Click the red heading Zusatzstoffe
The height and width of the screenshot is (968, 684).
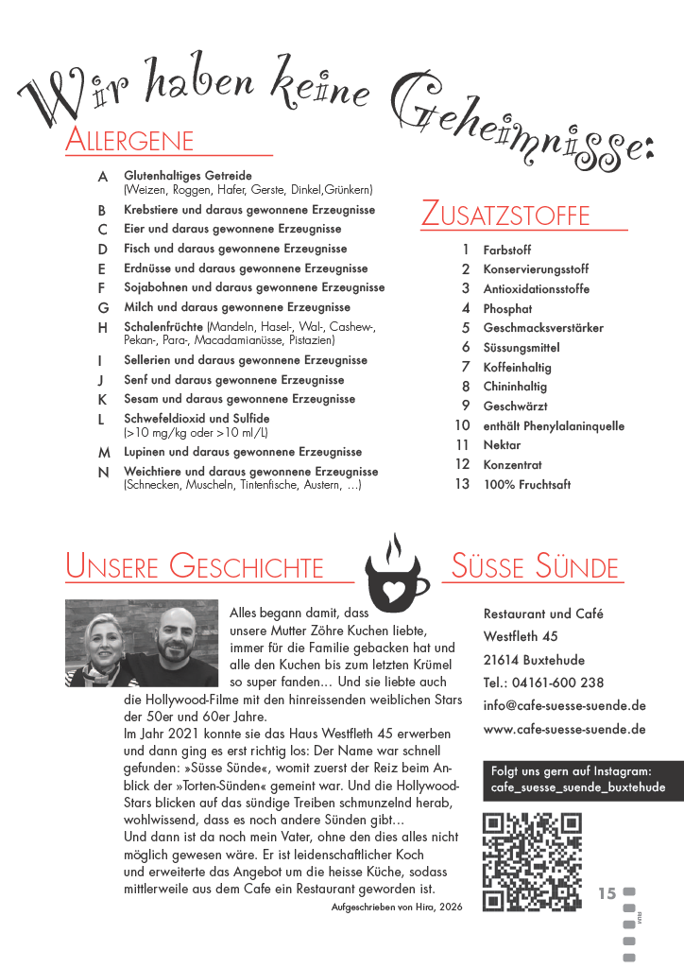505,215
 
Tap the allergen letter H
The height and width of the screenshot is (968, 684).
102,327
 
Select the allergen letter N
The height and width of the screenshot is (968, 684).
104,472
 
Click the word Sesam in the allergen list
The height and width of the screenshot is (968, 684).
142,399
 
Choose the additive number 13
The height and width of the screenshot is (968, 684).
462,484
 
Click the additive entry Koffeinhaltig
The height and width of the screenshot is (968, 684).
517,367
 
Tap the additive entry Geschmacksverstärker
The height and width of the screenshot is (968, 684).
543,328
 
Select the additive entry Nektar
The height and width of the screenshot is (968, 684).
502,445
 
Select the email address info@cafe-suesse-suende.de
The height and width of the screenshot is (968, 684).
564,705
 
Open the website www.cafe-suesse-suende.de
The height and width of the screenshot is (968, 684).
564,729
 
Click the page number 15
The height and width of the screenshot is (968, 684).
607,893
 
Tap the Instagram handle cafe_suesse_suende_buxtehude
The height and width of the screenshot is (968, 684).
578,787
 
